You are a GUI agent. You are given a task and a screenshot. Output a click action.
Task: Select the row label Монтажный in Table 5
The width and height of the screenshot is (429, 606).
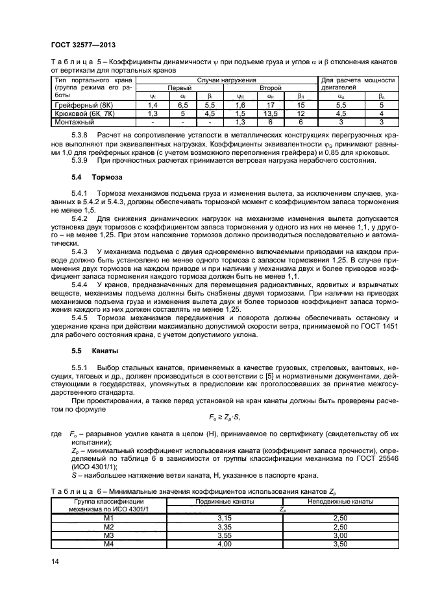(x=68, y=121)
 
